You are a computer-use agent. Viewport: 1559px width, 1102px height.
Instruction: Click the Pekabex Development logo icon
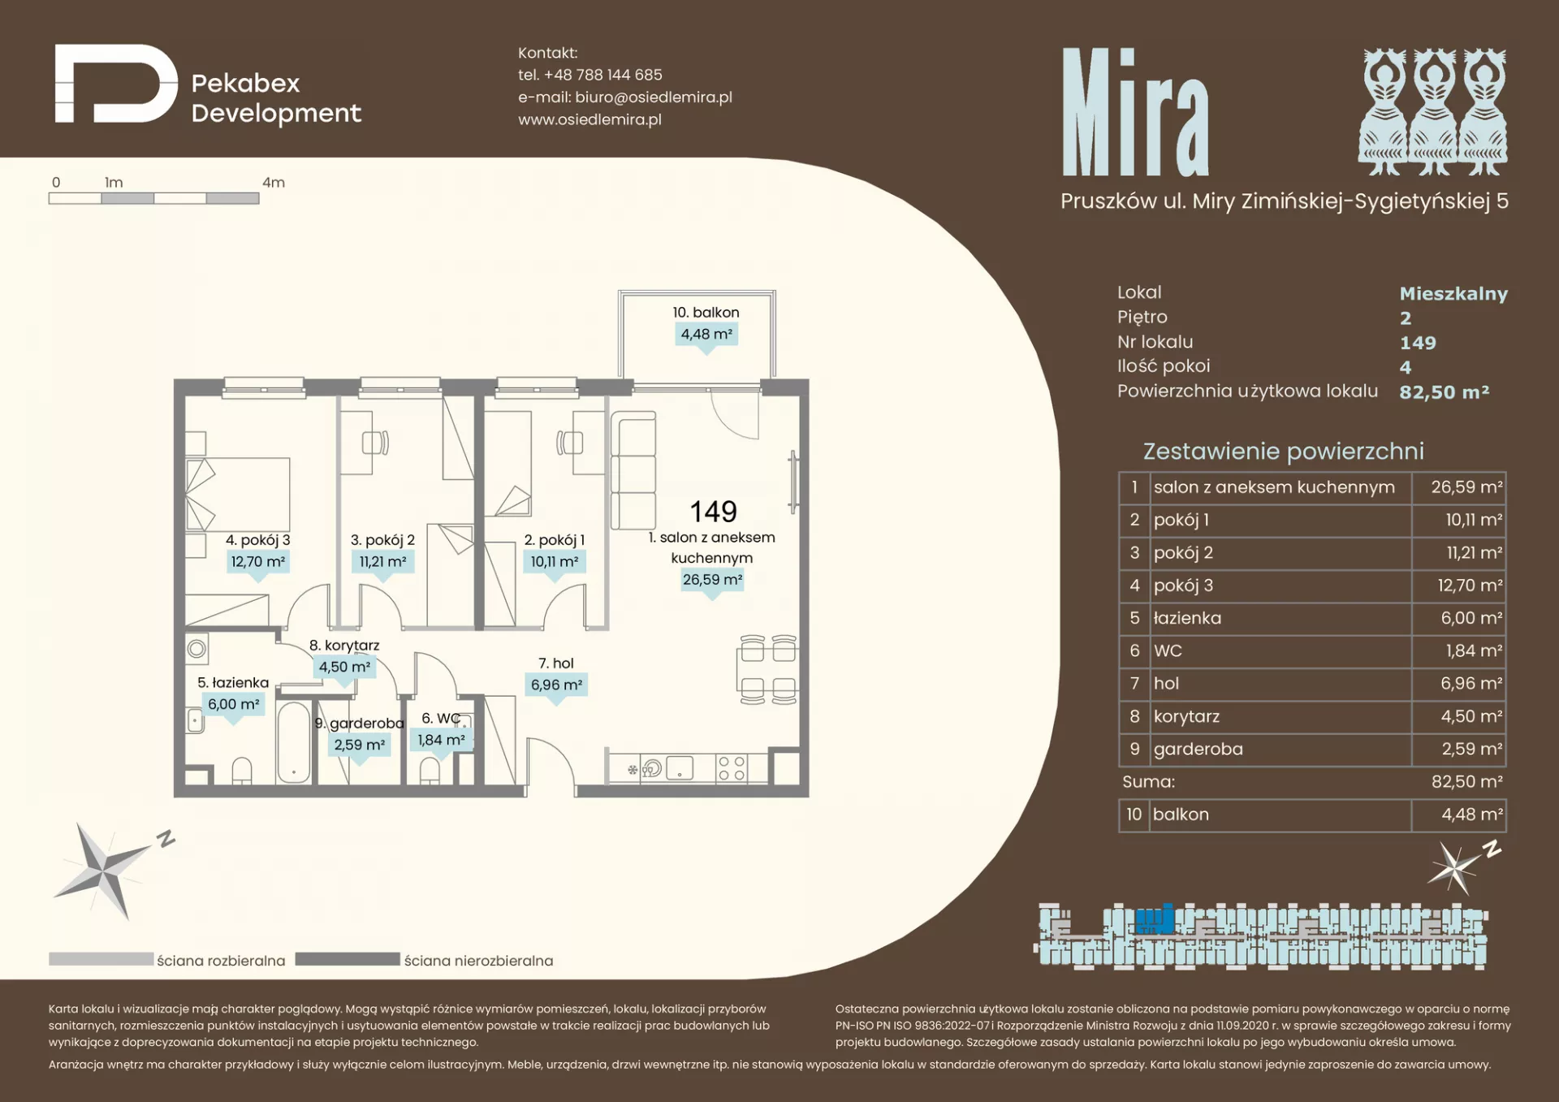pos(116,84)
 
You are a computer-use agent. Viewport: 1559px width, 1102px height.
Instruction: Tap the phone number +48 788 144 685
pos(603,75)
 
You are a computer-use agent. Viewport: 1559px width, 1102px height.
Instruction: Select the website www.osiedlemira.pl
pos(589,119)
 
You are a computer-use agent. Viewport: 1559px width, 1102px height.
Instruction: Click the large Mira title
pos(1135,111)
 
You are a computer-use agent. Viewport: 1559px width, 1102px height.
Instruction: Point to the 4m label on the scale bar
pos(274,183)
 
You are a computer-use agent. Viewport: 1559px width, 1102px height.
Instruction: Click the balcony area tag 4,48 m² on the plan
pos(706,334)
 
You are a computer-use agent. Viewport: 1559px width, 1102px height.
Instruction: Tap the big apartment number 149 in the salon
pos(713,512)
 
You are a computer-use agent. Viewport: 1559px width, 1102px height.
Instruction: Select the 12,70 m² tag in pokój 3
pos(258,561)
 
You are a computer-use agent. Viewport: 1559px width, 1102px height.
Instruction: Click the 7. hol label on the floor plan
pos(556,663)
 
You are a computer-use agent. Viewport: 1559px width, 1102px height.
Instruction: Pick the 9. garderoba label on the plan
pos(360,723)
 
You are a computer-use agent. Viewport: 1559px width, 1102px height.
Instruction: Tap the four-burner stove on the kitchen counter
pos(731,768)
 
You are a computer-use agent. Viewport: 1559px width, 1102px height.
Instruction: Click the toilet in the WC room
pos(430,770)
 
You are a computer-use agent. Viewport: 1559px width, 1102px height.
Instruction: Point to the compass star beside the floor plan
pos(104,871)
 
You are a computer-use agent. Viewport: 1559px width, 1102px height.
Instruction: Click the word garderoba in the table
pos(1198,749)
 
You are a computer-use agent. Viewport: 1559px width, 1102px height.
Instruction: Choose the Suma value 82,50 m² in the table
pos(1466,781)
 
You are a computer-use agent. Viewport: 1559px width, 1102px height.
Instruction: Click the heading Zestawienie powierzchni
pos(1283,451)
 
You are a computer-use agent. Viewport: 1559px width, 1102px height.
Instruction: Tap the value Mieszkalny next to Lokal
pos(1453,293)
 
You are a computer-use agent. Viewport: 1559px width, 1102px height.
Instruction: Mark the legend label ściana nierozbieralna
pos(478,961)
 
